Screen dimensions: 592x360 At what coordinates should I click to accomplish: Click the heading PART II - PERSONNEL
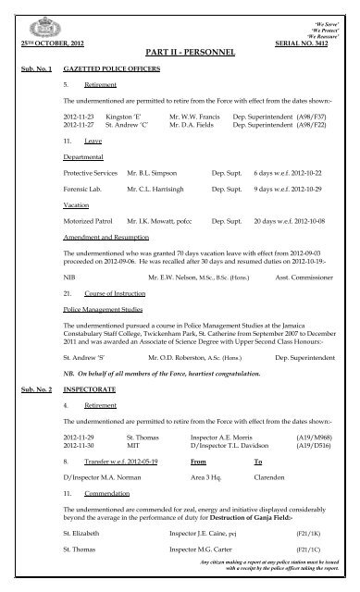click(x=180, y=55)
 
